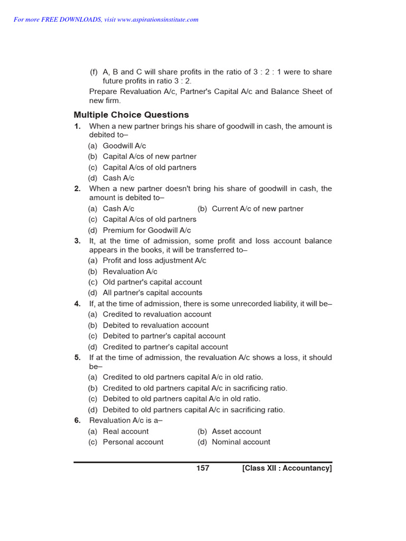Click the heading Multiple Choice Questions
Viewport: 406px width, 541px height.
coord(131,115)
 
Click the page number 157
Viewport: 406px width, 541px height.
coord(202,468)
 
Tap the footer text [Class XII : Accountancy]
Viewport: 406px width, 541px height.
coord(287,468)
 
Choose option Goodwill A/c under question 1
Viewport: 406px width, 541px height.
coord(124,146)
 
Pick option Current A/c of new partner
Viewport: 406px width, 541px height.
coord(257,209)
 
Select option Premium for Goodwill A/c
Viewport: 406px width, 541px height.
coord(146,230)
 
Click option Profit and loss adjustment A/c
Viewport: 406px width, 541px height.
coord(154,260)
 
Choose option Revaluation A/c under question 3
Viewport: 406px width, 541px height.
coord(130,272)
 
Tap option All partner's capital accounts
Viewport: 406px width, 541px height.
coord(152,293)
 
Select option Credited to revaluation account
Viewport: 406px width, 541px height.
coord(157,314)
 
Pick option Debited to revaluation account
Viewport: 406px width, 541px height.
coord(155,325)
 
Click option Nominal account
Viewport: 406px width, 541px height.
coord(241,442)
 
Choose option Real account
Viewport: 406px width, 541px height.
coord(125,431)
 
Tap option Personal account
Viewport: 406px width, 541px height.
coord(133,442)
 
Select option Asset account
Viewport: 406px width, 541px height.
coord(236,431)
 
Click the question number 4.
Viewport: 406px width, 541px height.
coord(77,304)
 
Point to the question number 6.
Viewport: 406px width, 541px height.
coord(77,421)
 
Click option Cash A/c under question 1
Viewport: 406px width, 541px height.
coord(118,178)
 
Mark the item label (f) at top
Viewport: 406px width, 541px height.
coord(94,72)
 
